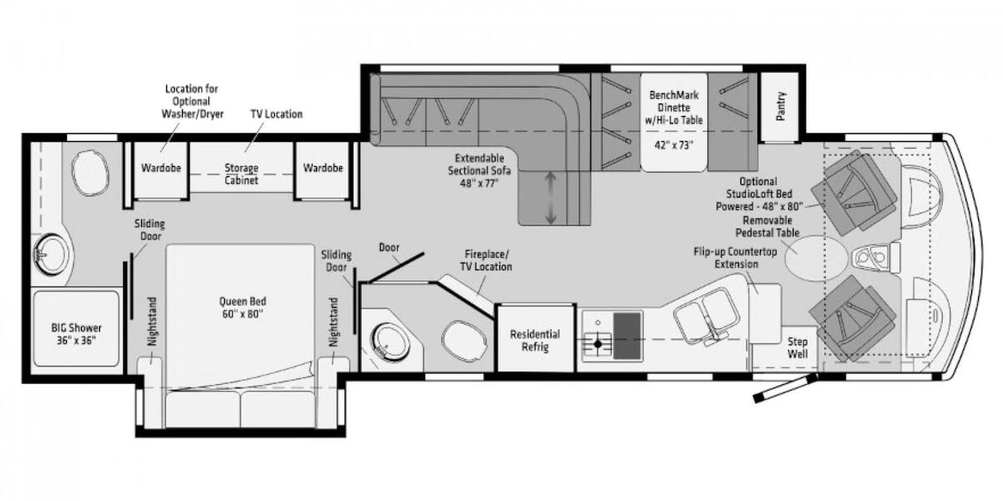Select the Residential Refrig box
[535, 340]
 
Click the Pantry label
[782, 106]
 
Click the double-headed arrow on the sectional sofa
[550, 197]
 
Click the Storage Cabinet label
[242, 174]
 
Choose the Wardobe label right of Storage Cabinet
[323, 168]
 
